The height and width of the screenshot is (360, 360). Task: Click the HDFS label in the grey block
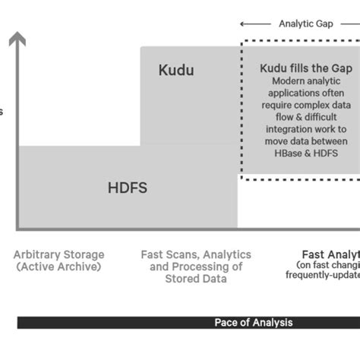point(128,188)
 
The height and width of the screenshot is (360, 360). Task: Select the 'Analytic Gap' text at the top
point(305,24)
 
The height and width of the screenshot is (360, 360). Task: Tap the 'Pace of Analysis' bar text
point(253,322)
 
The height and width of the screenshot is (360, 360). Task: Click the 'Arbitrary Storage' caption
point(59,255)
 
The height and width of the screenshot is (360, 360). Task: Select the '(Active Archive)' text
point(59,267)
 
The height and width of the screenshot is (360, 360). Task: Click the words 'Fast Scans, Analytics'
point(196,255)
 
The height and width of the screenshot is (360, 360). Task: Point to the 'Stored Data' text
point(196,279)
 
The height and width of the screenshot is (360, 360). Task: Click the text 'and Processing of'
point(196,267)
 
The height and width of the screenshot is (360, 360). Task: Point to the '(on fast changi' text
point(328,265)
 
